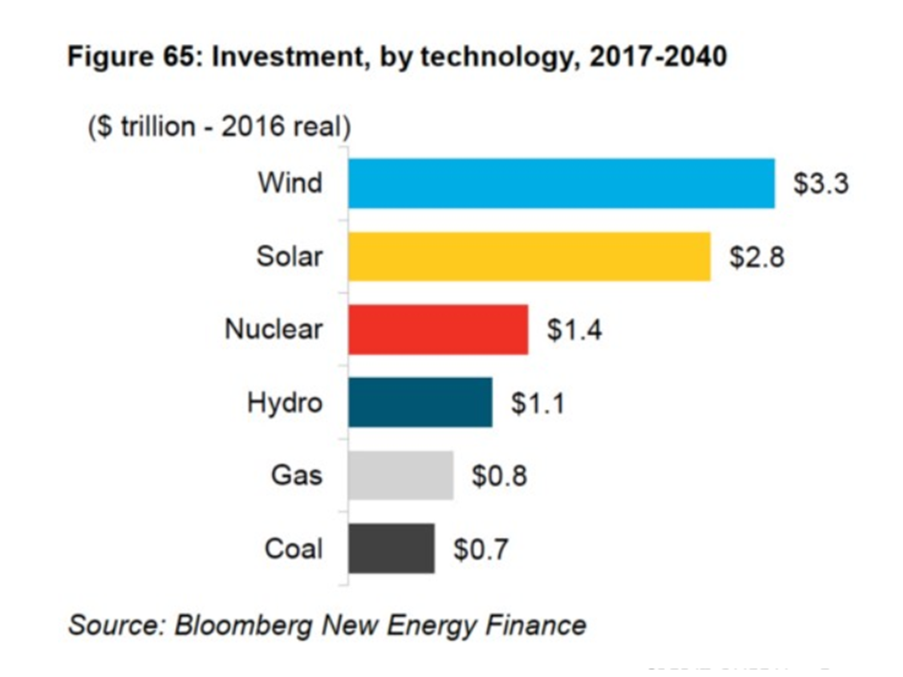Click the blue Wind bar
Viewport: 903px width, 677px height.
click(561, 182)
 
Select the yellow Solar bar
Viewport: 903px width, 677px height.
click(529, 256)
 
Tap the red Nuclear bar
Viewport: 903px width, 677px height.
click(437, 329)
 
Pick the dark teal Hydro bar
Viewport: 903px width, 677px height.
click(420, 402)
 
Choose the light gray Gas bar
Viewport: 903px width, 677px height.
click(401, 476)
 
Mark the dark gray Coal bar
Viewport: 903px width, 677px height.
click(391, 549)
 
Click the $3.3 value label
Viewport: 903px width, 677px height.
click(820, 183)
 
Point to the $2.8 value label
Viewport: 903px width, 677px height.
click(756, 257)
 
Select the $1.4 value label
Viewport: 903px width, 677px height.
click(574, 330)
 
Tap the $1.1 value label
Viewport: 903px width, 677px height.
click(538, 403)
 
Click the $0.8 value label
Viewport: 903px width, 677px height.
click(499, 477)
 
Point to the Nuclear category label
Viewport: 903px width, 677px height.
click(273, 329)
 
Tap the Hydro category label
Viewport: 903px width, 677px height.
click(284, 402)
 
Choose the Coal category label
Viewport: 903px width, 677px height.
click(293, 549)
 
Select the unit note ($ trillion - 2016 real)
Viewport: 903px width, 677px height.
click(218, 128)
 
